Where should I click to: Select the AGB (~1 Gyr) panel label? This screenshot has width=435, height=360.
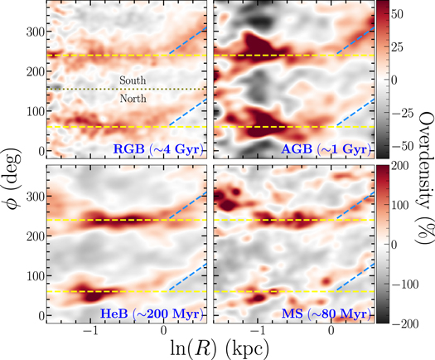pos(326,148)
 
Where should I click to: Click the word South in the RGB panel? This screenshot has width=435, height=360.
pos(133,80)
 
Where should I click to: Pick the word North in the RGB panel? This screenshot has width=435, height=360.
pos(133,98)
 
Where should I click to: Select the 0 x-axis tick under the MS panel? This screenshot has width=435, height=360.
pos(332,332)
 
